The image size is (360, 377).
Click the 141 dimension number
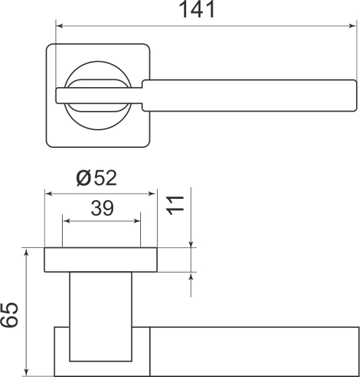click(196, 10)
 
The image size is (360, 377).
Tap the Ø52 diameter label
click(96, 178)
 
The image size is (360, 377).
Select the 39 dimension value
click(102, 208)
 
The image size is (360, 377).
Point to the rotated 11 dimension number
click(175, 205)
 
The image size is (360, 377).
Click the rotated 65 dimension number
click(9, 315)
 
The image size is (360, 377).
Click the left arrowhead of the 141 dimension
click(59, 26)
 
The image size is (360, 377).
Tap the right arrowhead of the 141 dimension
click(352, 26)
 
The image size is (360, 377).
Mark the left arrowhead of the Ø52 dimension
click(48, 194)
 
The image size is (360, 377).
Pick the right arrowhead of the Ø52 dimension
click(153, 194)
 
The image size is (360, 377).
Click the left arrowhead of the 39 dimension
click(66, 221)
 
